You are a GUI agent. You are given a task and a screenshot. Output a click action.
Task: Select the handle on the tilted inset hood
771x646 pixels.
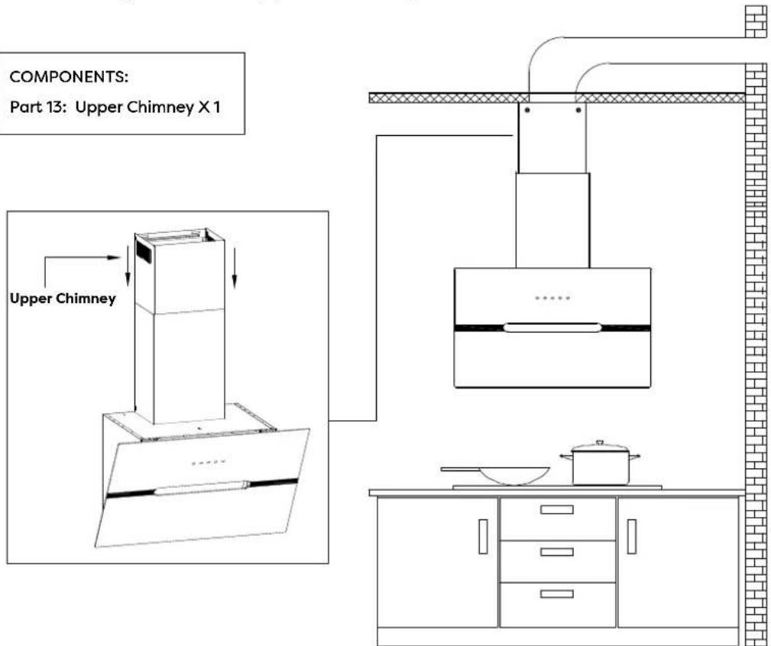(202, 487)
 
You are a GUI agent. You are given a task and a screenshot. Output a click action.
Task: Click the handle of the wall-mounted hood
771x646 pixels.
(552, 328)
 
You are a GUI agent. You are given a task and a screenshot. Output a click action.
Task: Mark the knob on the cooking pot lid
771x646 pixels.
(601, 443)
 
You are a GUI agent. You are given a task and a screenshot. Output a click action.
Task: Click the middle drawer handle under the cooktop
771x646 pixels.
(557, 551)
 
